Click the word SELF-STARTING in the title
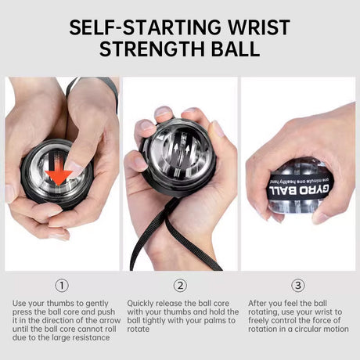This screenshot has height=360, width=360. pyautogui.click(x=137, y=27)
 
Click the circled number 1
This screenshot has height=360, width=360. pyautogui.click(x=62, y=286)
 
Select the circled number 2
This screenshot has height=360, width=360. pyautogui.click(x=180, y=286)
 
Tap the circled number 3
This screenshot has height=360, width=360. pyautogui.click(x=297, y=286)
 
